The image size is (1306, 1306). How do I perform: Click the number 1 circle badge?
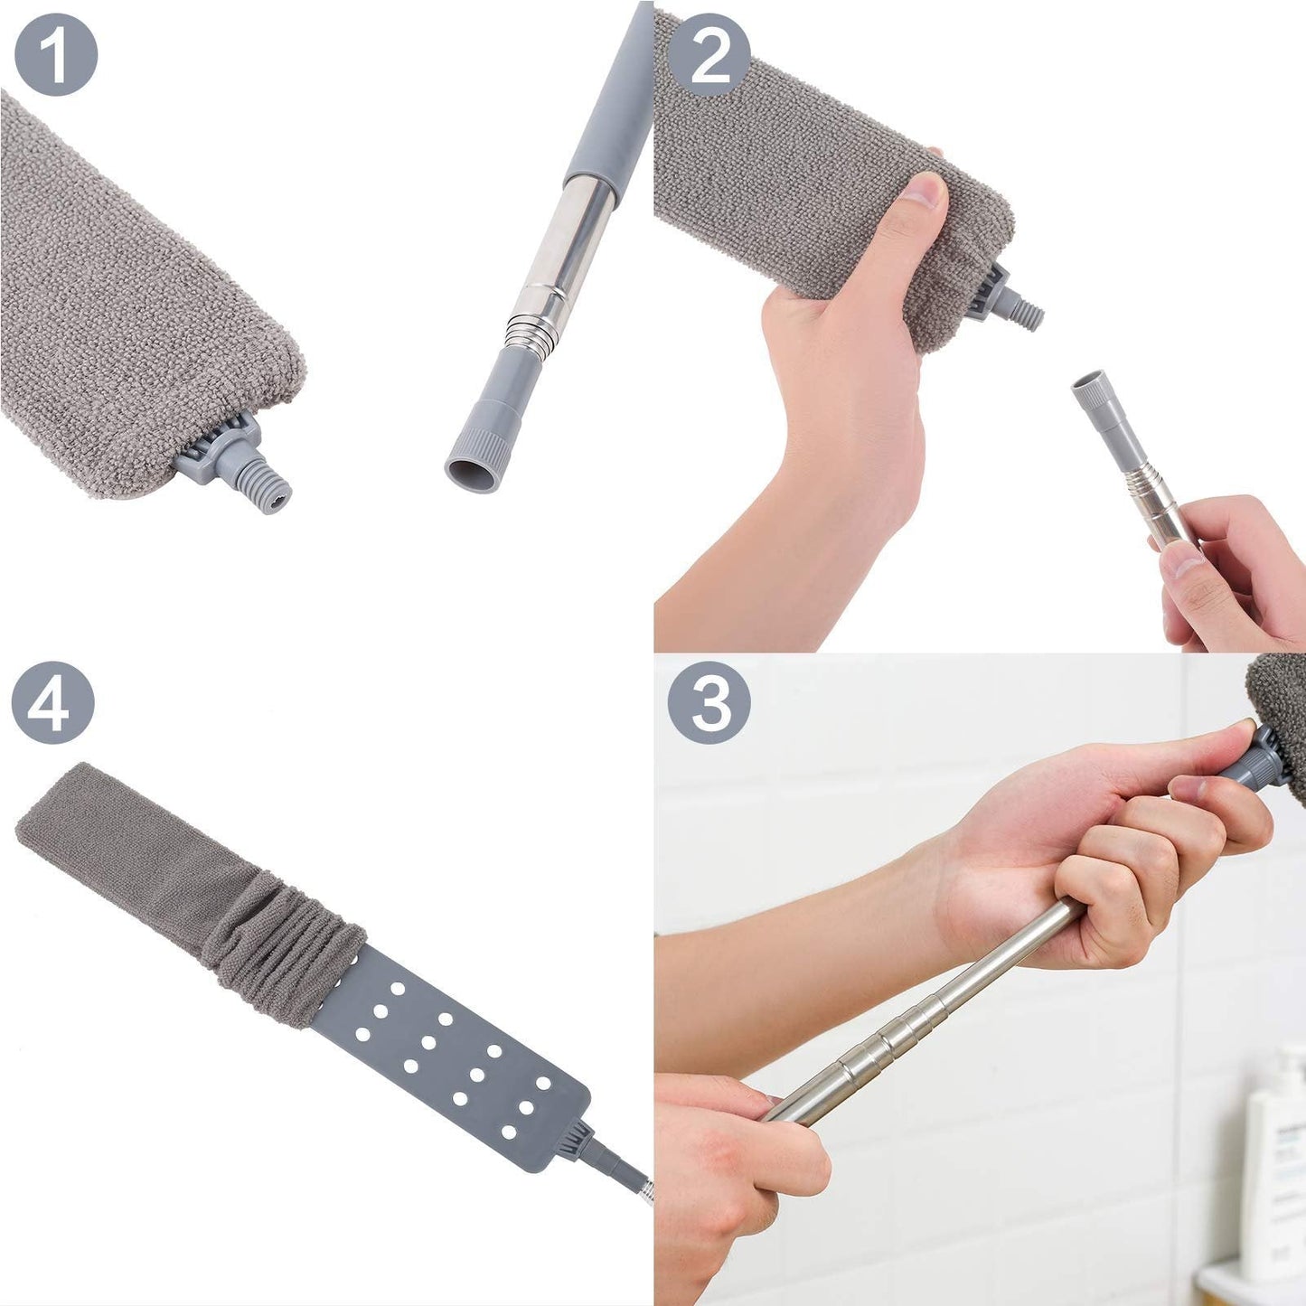[56, 54]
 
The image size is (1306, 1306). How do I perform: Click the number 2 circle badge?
[709, 55]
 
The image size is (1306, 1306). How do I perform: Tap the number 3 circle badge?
[709, 702]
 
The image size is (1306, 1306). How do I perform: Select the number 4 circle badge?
[53, 702]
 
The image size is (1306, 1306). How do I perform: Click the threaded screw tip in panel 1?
[268, 489]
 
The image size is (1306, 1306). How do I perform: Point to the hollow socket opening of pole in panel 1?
[473, 473]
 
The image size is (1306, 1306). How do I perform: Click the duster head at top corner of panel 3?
[1281, 714]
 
